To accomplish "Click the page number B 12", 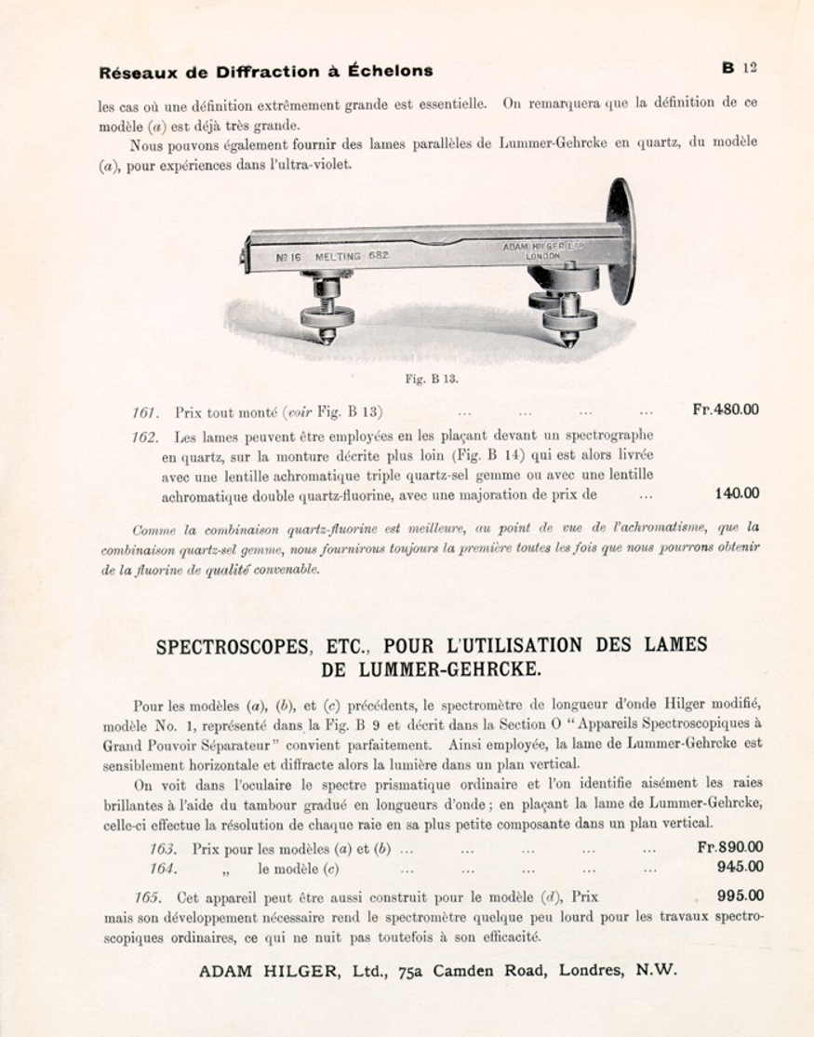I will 739,67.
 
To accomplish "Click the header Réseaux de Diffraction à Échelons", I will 265,72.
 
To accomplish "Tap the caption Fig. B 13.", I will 432,379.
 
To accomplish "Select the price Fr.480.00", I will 726,410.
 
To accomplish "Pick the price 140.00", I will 737,494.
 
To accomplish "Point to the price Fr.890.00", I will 730,847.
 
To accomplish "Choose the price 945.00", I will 741,868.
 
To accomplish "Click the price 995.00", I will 741,896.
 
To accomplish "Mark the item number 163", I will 163,849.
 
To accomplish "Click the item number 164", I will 163,869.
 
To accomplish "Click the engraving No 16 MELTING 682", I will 332,256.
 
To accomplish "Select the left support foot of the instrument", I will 327,312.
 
